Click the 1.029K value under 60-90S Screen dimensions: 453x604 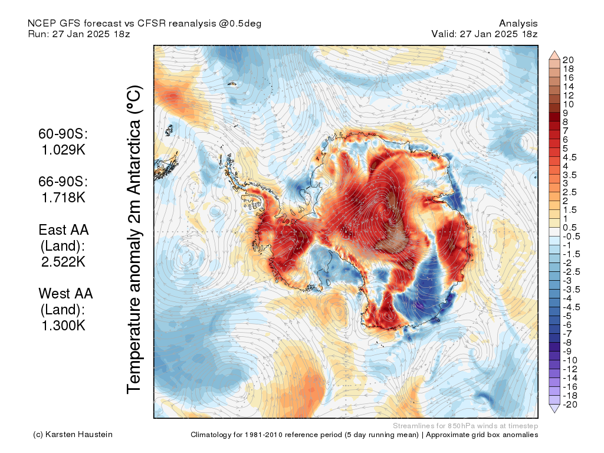(63, 150)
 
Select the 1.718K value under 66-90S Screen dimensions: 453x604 (63, 197)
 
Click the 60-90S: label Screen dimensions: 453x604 (63, 134)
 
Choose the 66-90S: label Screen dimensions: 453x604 (63, 181)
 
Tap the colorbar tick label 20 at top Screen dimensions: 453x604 (569, 60)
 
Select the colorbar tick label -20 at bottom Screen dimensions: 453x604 (570, 404)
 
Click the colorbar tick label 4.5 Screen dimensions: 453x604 (570, 157)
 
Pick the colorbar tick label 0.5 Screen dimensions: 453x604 (570, 228)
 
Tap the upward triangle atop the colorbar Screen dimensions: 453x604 (554, 55)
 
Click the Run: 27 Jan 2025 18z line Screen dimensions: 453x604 (79, 34)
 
